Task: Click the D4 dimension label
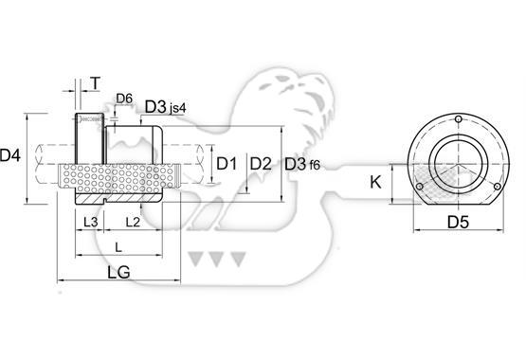[x=10, y=155]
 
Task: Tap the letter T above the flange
[x=96, y=83]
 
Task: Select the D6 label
[x=124, y=99]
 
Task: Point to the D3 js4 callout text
[x=165, y=107]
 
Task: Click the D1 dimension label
[x=227, y=164]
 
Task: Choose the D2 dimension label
[x=261, y=164]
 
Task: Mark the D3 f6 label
[x=302, y=164]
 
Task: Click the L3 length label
[x=90, y=222]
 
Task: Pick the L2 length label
[x=133, y=222]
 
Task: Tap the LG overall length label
[x=118, y=272]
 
